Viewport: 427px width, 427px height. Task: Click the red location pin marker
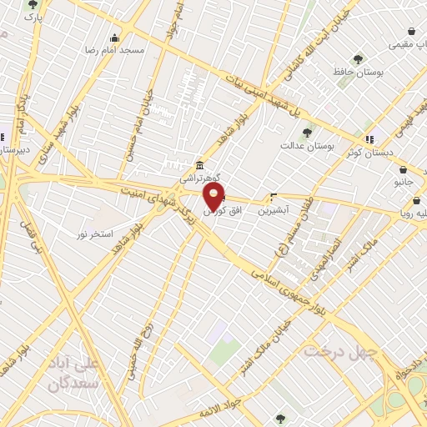pyautogui.click(x=214, y=198)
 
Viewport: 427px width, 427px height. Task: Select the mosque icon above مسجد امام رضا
pyautogui.click(x=115, y=38)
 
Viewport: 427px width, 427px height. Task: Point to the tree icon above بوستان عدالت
pyautogui.click(x=307, y=132)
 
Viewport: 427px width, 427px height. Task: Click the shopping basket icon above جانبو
pyautogui.click(x=402, y=169)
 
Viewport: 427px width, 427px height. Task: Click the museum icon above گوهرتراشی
pyautogui.click(x=200, y=166)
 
